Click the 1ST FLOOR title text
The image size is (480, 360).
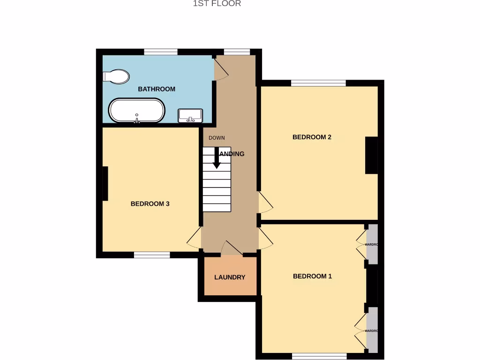217,4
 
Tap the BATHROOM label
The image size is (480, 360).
157,89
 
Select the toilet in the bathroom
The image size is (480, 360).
116,76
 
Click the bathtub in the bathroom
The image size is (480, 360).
137,111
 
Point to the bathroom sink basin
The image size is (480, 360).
190,115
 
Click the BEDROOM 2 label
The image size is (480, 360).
312,137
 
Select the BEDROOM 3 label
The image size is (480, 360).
150,204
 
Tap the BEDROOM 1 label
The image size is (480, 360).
312,276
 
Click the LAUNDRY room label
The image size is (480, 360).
230,277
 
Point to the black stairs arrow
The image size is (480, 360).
217,158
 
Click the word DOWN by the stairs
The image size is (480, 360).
217,138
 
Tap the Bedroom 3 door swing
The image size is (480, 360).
195,239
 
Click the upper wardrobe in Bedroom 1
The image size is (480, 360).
372,244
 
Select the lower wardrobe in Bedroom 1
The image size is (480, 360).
372,330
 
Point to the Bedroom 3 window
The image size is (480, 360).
152,255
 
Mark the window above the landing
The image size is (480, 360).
237,52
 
